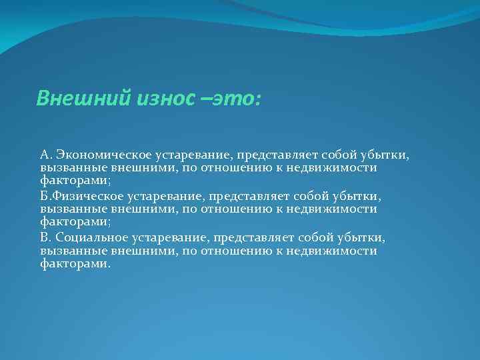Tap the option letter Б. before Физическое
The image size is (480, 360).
[45, 197]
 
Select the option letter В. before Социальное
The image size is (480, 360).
[45, 238]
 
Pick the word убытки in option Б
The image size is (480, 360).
[359, 197]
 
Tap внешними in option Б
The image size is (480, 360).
[136, 209]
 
